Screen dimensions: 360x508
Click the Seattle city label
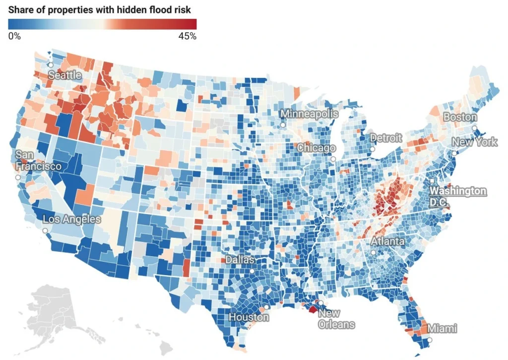pyautogui.click(x=65, y=75)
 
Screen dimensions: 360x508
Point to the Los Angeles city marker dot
pyautogui.click(x=45, y=231)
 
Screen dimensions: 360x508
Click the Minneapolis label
pyautogui.click(x=309, y=114)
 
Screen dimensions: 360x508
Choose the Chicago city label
pyautogui.click(x=316, y=148)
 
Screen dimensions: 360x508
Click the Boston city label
pyautogui.click(x=460, y=117)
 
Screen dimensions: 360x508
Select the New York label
pyautogui.click(x=474, y=143)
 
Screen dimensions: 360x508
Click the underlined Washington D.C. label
pyautogui.click(x=458, y=196)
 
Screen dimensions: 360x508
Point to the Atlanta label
pyautogui.click(x=387, y=242)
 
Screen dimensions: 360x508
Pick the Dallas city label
pyautogui.click(x=240, y=260)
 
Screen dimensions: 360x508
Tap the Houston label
pyautogui.click(x=249, y=317)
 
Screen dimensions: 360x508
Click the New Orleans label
pyautogui.click(x=336, y=319)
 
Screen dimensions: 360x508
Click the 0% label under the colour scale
pyautogui.click(x=14, y=36)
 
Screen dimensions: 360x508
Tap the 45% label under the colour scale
pyautogui.click(x=187, y=36)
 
